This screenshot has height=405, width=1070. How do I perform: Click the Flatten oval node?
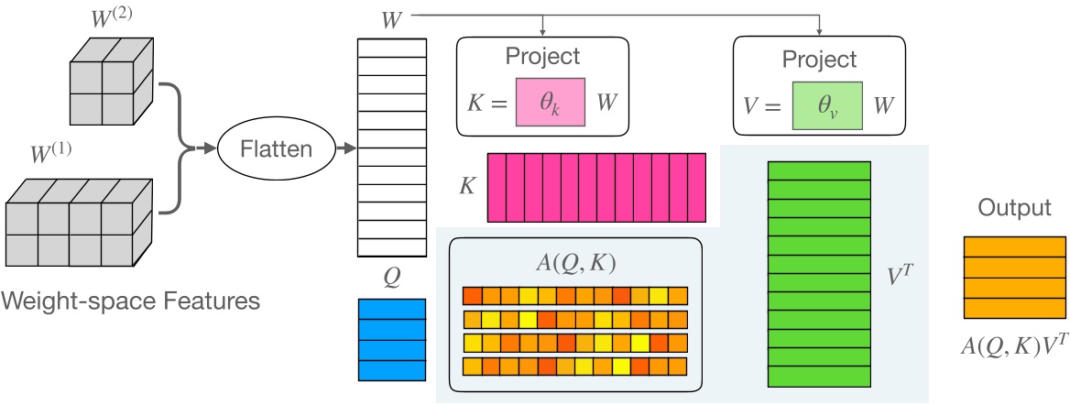(x=276, y=147)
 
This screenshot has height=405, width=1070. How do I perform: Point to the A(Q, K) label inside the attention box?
(x=574, y=264)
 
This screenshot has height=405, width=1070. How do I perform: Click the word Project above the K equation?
(x=543, y=56)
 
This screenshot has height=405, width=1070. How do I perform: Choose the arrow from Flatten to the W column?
(x=344, y=147)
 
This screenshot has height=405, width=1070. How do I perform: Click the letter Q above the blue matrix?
(x=391, y=277)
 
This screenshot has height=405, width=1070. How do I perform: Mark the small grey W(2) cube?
(x=107, y=82)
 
